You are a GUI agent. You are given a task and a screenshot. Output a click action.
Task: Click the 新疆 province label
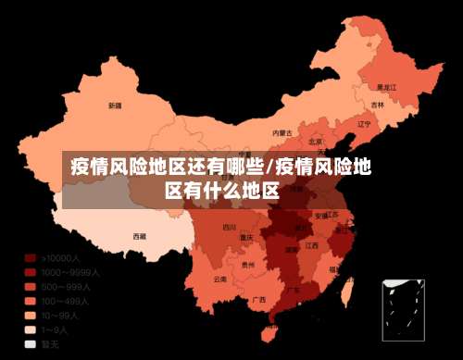(x=114, y=106)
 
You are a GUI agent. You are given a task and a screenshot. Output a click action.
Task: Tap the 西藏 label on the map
(x=139, y=237)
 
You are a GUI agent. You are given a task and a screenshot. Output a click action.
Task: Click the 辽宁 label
(x=364, y=124)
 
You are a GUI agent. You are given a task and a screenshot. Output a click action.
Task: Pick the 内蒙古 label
(x=282, y=133)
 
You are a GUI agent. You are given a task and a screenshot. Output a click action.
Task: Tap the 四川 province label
(x=229, y=227)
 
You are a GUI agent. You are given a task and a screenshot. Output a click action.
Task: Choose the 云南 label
(x=219, y=279)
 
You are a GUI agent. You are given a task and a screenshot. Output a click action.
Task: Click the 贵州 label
(x=247, y=265)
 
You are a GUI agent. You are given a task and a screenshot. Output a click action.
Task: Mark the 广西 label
(x=259, y=300)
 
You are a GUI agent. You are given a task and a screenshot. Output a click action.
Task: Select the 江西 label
(x=312, y=246)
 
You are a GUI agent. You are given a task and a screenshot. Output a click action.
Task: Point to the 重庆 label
(x=246, y=237)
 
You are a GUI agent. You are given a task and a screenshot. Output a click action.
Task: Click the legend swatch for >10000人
(x=31, y=258)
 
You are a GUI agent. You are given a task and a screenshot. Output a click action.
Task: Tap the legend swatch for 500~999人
(x=31, y=286)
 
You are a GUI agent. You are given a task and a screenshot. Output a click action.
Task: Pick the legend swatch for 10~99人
(x=31, y=315)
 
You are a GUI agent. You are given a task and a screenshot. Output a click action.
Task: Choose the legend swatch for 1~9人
(x=31, y=329)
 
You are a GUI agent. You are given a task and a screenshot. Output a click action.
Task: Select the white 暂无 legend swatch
(x=31, y=342)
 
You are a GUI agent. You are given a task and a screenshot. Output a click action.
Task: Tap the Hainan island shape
(x=271, y=329)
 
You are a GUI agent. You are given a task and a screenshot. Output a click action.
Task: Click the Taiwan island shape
(x=349, y=290)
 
